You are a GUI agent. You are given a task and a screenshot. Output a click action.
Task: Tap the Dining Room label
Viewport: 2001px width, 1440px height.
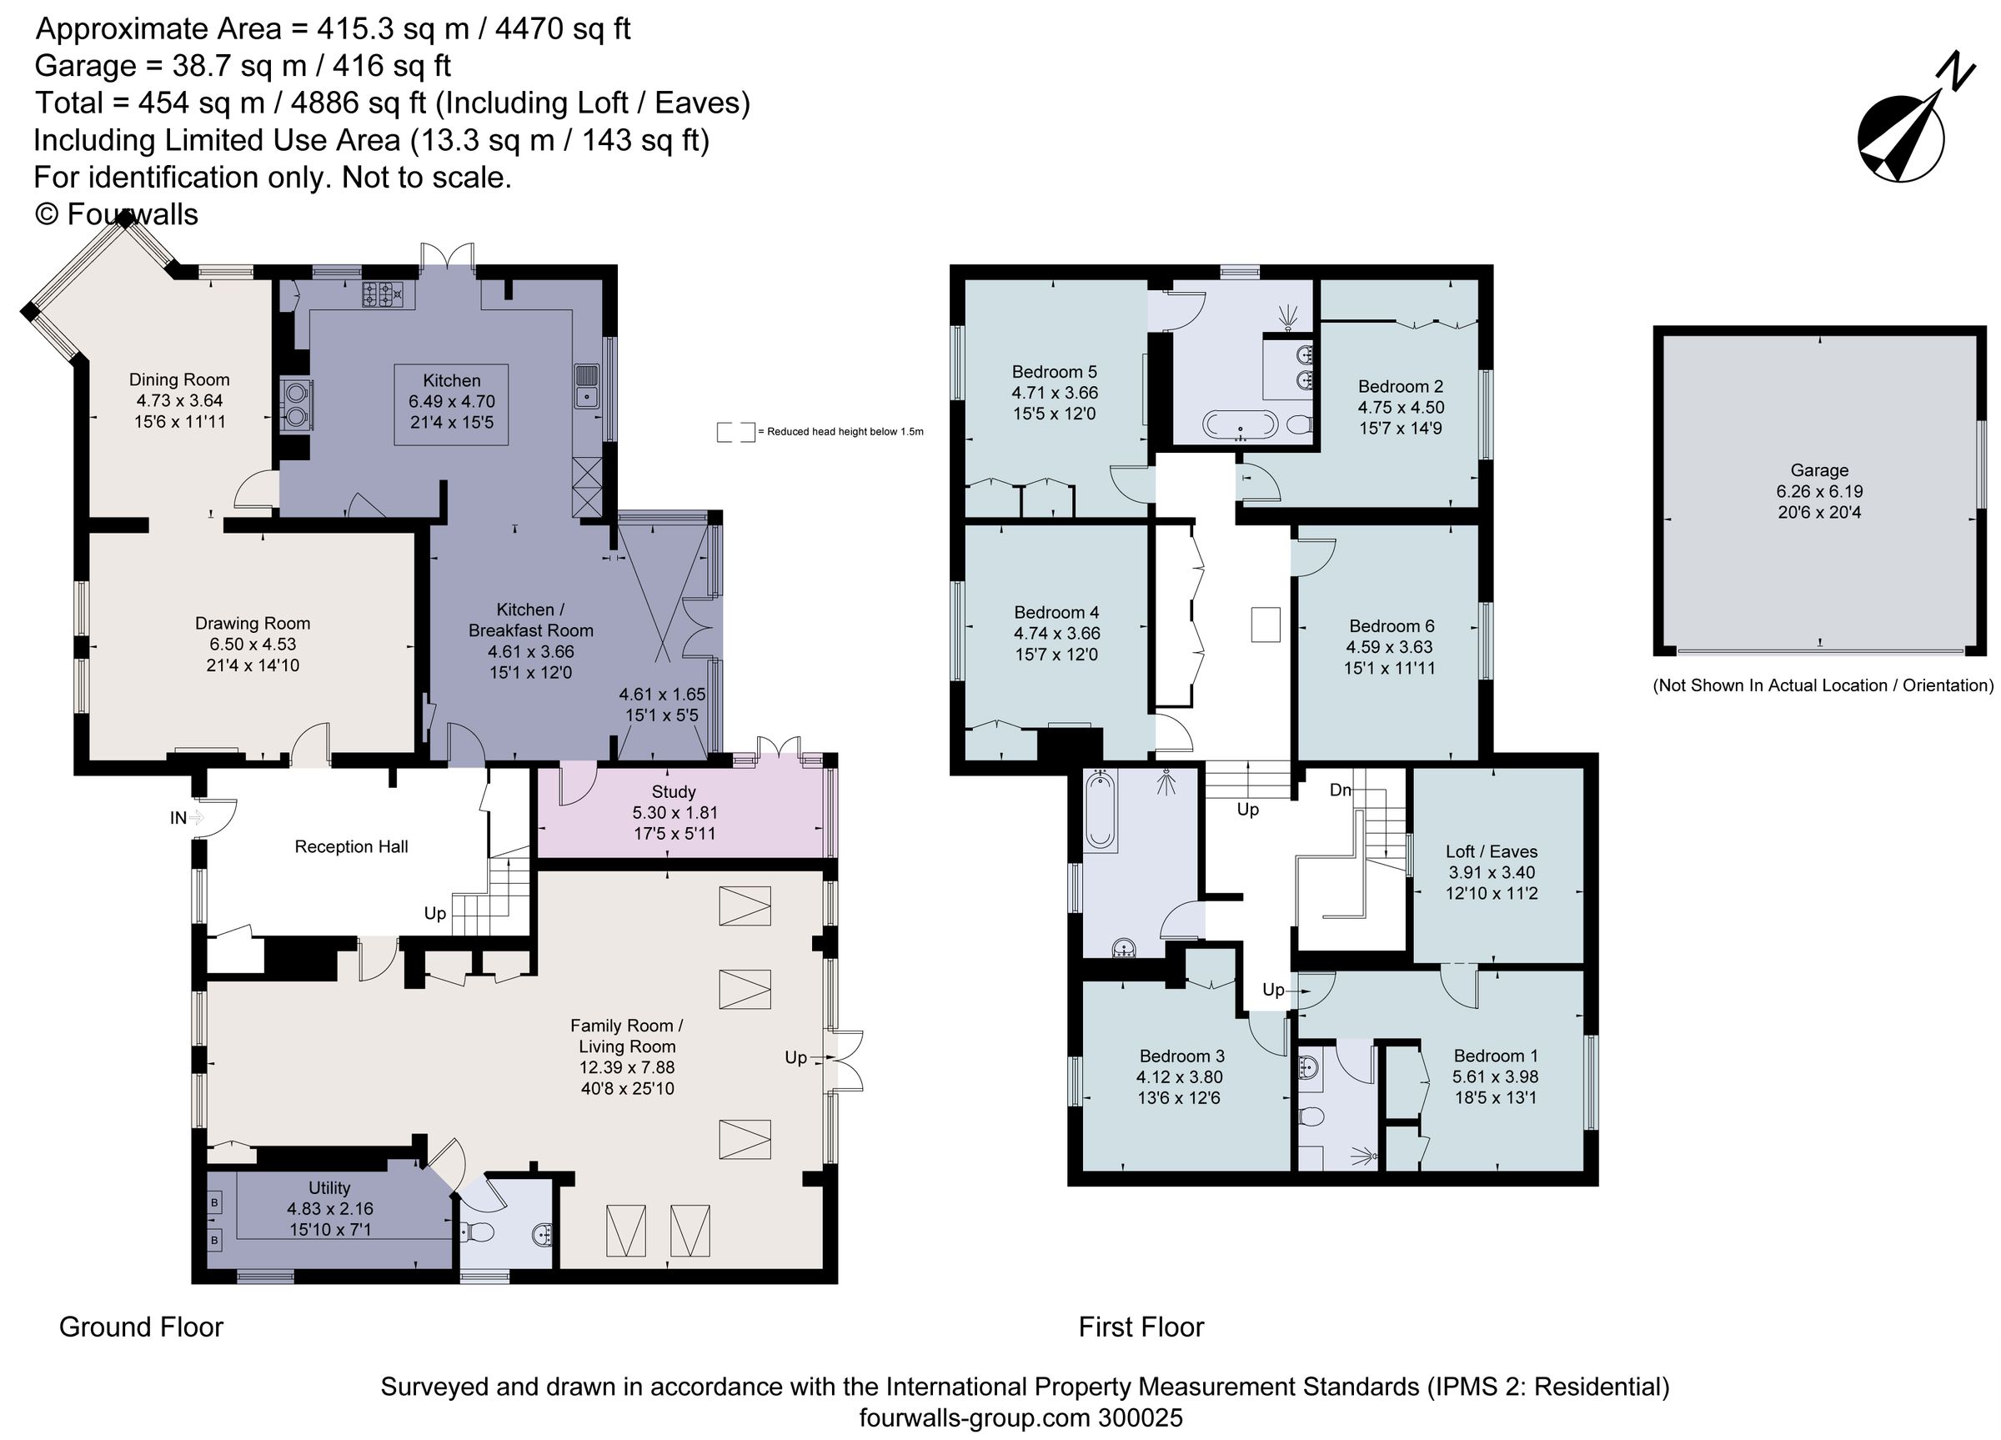click(179, 379)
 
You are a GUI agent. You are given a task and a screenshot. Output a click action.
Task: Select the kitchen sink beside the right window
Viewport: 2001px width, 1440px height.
click(586, 386)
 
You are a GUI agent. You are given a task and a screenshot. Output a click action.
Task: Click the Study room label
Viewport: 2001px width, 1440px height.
click(673, 791)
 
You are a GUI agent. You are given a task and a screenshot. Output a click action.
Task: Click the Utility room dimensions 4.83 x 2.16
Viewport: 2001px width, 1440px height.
click(329, 1208)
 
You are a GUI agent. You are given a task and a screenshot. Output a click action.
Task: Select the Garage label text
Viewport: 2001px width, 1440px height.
click(1818, 470)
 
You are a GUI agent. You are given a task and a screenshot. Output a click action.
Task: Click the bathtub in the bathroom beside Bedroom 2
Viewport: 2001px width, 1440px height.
click(1240, 425)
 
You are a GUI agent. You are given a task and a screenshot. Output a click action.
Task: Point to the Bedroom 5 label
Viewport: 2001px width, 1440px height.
click(1055, 372)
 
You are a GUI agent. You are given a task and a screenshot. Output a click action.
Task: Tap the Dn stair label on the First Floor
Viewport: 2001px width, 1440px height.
click(1339, 790)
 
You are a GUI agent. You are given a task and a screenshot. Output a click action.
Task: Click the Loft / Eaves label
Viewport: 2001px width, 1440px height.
click(1491, 851)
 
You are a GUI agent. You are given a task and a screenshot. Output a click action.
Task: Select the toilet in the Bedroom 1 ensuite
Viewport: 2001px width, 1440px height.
click(1313, 1117)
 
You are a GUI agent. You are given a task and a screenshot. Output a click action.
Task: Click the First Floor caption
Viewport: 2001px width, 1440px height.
click(1140, 1327)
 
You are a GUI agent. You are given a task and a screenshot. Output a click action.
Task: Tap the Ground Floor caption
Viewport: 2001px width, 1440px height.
click(141, 1327)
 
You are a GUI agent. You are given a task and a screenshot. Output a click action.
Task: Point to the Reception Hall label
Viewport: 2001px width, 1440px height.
click(351, 847)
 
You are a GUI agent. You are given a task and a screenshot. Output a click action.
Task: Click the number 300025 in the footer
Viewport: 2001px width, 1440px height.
click(1140, 1418)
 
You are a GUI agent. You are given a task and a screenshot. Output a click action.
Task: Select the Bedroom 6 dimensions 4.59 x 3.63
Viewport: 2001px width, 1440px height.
click(1389, 647)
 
